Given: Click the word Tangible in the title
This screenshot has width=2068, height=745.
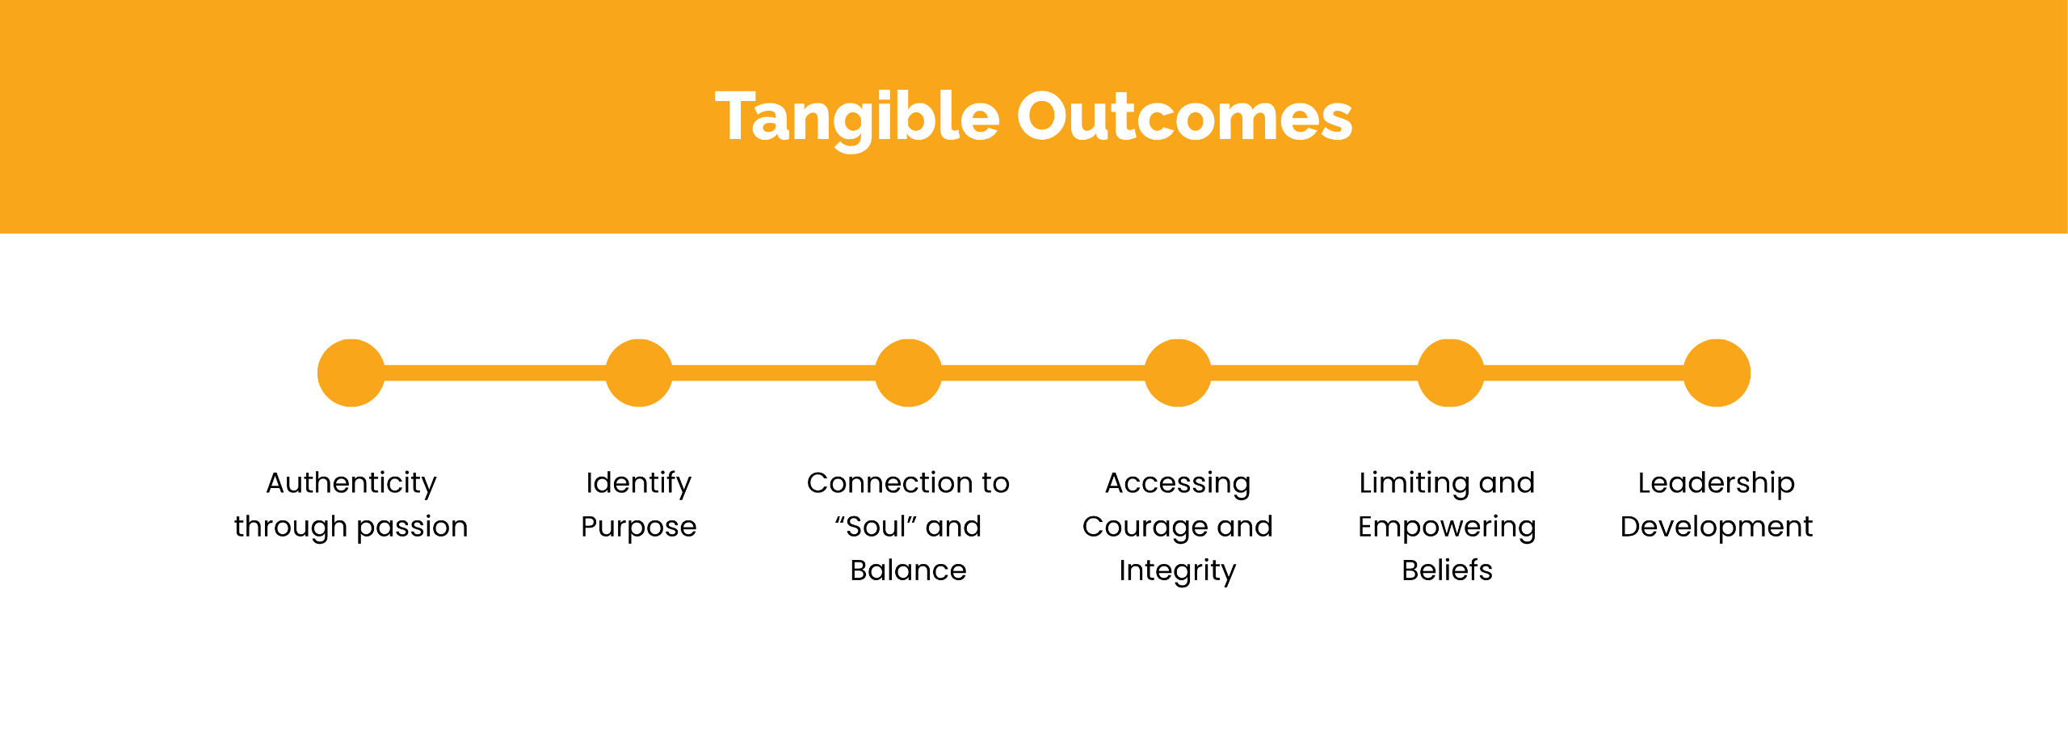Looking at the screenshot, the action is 857,118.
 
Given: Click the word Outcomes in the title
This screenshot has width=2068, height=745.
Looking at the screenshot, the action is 1184,118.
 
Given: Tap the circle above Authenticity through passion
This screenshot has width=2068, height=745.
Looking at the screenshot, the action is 351,372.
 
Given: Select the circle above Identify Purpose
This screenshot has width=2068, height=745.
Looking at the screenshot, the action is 639,372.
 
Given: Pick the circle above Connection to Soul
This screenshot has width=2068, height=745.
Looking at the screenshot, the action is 909,372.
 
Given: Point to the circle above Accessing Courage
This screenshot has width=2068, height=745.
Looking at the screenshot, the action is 1178,372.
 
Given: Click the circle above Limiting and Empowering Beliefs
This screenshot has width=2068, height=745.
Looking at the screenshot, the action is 1451,372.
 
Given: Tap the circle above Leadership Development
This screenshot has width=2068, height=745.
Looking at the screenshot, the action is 1717,372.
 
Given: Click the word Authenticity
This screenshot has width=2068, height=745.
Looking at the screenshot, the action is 351,483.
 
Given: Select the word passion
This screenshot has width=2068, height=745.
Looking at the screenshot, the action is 412,527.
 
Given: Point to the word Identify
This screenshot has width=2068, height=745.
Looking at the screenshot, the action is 639,483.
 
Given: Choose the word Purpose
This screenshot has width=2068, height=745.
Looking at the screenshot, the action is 639,527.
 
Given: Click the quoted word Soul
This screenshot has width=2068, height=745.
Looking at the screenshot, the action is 876,527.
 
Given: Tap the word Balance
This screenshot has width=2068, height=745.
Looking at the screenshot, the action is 908,570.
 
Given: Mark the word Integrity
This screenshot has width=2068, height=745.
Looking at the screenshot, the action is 1177,570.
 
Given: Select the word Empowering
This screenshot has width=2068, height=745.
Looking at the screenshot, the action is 1447,527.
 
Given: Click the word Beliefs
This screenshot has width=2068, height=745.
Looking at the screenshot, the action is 1447,570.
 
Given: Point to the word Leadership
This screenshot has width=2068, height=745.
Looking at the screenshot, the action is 1717,483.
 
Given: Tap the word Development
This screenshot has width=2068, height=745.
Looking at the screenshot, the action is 1717,527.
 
